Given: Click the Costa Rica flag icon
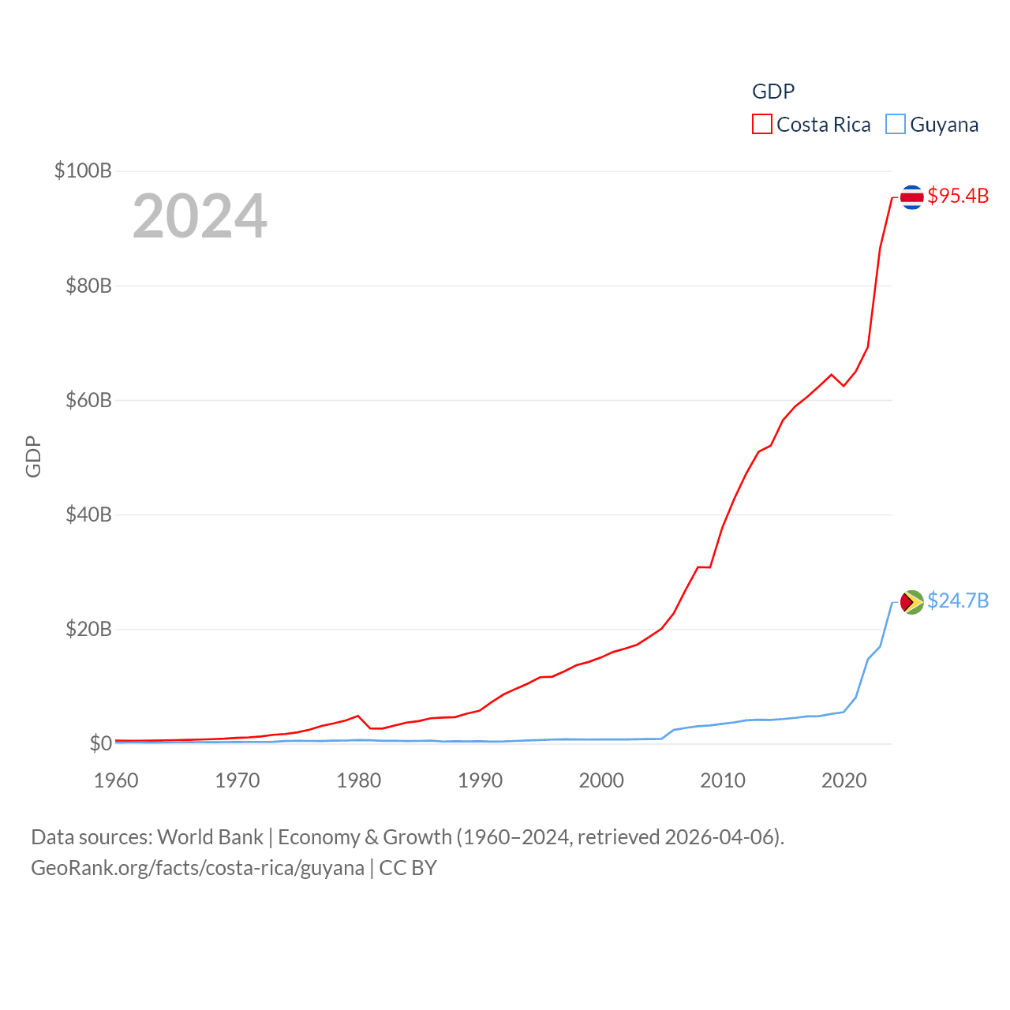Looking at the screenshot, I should (911, 196).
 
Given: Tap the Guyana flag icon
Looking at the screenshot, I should (911, 602).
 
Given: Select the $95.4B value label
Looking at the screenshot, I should (958, 196).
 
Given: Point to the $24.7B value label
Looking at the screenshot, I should (958, 600).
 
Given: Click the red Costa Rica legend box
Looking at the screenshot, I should (761, 125).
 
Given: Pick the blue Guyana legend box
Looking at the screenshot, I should (895, 125).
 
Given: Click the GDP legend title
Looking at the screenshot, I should (772, 92).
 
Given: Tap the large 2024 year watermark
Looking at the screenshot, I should (200, 216).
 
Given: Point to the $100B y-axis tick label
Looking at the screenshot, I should (83, 170).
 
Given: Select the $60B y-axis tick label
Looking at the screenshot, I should (88, 400).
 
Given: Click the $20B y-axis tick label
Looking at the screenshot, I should (88, 629).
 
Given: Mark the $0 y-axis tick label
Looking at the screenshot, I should (100, 743).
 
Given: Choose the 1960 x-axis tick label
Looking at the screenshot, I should (116, 780).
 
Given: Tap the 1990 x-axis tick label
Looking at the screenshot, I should (480, 780).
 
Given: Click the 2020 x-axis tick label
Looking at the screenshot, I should (844, 780).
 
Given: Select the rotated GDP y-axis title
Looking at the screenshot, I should (33, 456).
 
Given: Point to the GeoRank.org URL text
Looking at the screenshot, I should (197, 868).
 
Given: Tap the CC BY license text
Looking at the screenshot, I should (408, 868).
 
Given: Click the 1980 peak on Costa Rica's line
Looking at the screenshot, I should (358, 716).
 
